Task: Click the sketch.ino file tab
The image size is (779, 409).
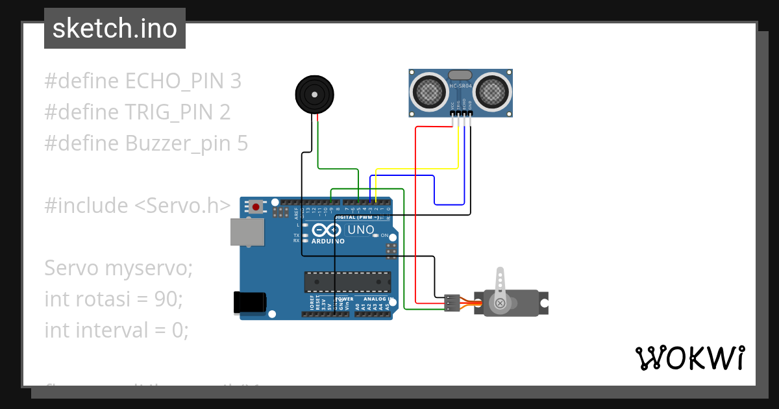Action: pos(114,29)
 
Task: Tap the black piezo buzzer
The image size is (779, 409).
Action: pos(315,95)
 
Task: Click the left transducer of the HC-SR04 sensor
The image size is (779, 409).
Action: pos(428,91)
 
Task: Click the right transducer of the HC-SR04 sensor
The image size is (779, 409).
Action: pos(492,91)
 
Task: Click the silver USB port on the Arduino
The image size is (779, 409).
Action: pos(247,232)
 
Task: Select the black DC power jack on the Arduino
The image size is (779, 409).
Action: pos(249,303)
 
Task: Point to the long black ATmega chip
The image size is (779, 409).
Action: pos(348,282)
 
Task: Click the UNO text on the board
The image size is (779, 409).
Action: pos(361,230)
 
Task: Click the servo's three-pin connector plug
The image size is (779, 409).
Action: pos(452,303)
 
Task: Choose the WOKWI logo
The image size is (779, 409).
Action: pos(689,358)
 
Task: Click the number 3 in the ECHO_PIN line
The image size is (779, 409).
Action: pos(236,81)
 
